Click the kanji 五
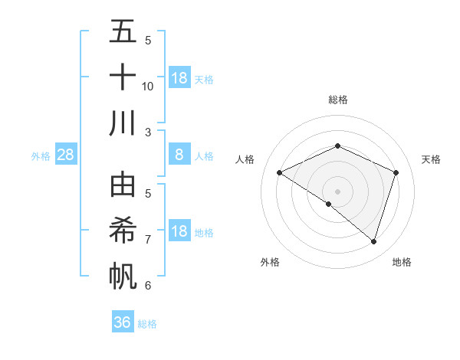pos(123,33)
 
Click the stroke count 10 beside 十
pos(148,86)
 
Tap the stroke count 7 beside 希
pos(148,240)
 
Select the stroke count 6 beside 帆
pos(148,286)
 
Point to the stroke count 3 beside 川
pos(148,132)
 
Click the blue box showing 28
pos(66,155)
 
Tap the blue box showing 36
pos(122,322)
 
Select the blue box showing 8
pos(179,155)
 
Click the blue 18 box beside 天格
pos(179,78)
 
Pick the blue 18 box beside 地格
pos(179,231)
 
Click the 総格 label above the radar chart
pos(338,100)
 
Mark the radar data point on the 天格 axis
pos(396,172)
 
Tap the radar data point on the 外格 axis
pos(329,204)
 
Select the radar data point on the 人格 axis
pos(280,172)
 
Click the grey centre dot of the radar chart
pos(338,191)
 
